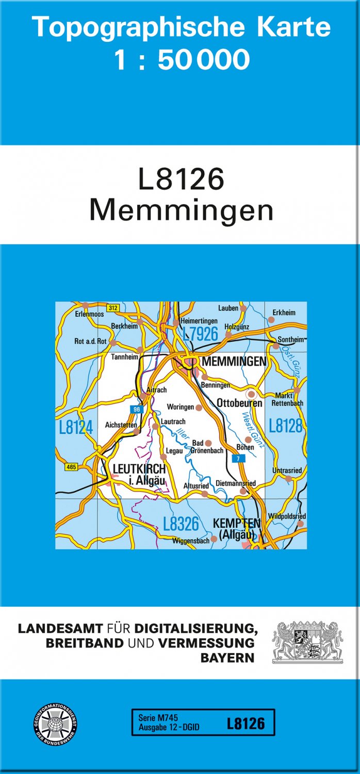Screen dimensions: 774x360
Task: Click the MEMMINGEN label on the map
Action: [x=234, y=362]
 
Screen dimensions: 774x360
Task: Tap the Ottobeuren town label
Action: [x=240, y=403]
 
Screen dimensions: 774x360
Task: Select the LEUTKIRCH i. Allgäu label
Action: [x=139, y=475]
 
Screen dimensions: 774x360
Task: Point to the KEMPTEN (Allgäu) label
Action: [x=237, y=529]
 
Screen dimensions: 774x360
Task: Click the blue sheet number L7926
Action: [x=201, y=334]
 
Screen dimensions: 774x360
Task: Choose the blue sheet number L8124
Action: [x=76, y=427]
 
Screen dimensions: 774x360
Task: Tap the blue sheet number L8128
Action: [x=286, y=426]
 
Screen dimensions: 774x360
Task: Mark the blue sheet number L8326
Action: [x=181, y=524]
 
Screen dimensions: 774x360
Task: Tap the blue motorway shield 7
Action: [x=238, y=459]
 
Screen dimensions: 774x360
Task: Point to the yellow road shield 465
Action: [x=71, y=467]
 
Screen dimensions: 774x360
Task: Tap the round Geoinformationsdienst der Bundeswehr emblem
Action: [x=55, y=723]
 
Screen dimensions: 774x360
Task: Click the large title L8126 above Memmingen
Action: [x=181, y=180]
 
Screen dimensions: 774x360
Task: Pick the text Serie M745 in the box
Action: [x=158, y=718]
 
